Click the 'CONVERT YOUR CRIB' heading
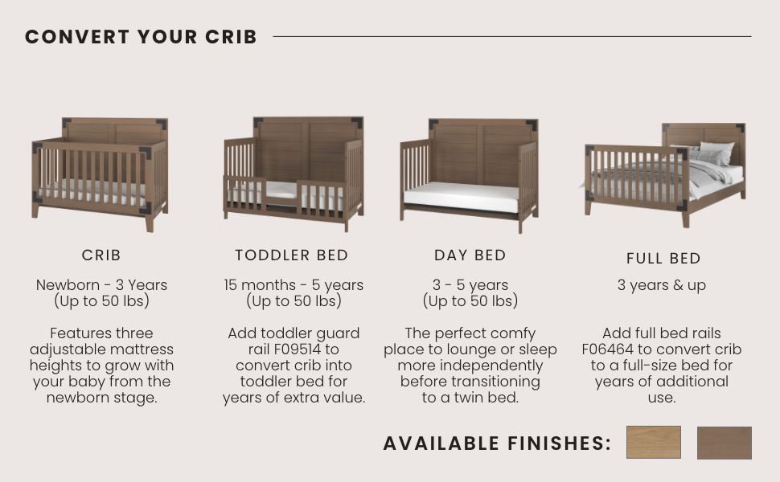(x=141, y=37)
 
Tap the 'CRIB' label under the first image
(x=101, y=255)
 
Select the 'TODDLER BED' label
(x=292, y=255)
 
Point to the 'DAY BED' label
(x=470, y=255)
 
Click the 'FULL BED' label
(x=663, y=259)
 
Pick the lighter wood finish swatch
(x=654, y=443)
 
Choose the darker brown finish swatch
(x=725, y=443)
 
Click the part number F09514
(x=297, y=349)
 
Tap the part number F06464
(x=607, y=349)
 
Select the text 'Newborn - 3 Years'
(x=101, y=285)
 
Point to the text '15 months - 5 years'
(x=294, y=285)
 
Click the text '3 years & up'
(x=662, y=286)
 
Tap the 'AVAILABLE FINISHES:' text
(x=497, y=443)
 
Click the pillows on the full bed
(x=706, y=153)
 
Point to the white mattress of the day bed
(x=462, y=197)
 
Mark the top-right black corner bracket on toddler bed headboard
(x=357, y=122)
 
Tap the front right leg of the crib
(x=150, y=222)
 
